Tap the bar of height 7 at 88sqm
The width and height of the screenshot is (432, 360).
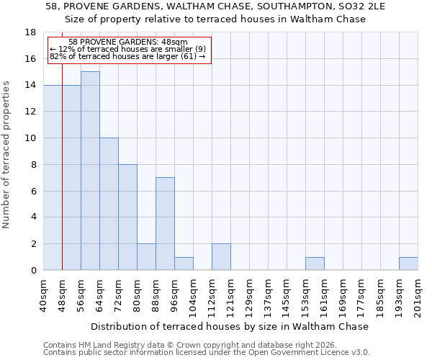point(165,224)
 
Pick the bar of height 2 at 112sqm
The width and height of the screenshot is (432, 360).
point(221,257)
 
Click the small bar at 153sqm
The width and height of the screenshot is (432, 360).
point(315,264)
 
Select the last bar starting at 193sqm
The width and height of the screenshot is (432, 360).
point(408,264)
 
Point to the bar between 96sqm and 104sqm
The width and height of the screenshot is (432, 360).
point(184,264)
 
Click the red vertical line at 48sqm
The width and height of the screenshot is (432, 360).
point(63,180)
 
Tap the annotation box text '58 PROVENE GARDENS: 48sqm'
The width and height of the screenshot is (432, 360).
point(128,42)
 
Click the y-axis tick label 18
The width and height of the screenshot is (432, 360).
point(31,32)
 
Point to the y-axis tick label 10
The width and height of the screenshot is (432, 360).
point(31,138)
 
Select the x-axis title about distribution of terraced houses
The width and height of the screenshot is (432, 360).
point(230,326)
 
